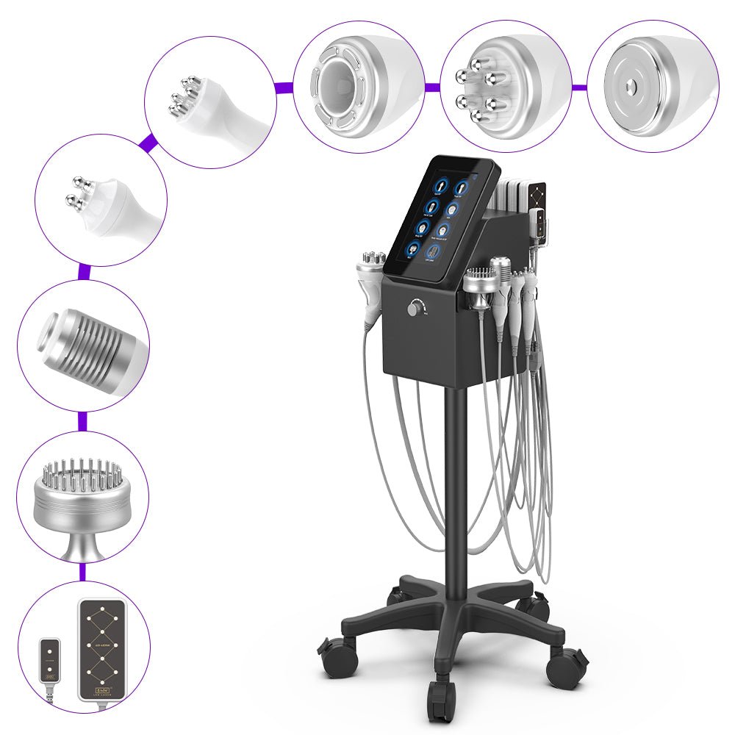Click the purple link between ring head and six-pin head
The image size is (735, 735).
click(x=432, y=87)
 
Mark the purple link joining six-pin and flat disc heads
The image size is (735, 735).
click(x=580, y=87)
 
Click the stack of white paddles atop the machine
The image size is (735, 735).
click(x=512, y=197)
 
